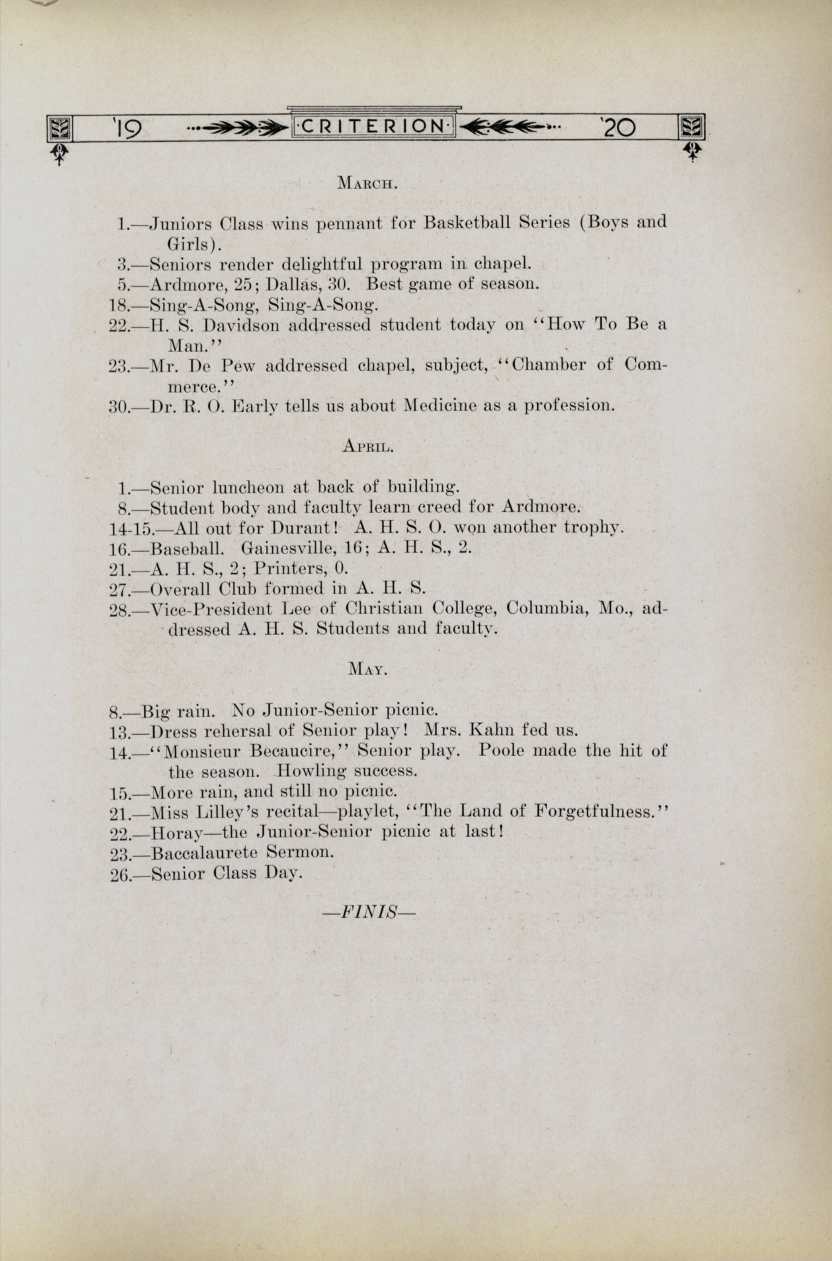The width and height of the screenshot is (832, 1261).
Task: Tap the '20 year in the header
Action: point(617,128)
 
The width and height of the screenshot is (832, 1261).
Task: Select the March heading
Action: point(368,184)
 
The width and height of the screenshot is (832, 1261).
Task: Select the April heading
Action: point(368,447)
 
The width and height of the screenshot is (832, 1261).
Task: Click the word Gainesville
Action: point(302,547)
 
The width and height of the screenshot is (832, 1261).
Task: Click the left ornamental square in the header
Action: point(59,128)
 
